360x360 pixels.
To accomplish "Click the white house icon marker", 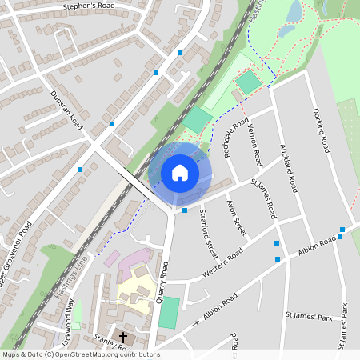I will tap(180, 173).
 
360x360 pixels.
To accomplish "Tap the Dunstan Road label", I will tap(66, 110).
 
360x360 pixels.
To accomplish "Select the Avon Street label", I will tap(237, 218).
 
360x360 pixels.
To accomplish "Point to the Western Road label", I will tap(224, 266).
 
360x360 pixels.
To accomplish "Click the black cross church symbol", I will tap(123, 338).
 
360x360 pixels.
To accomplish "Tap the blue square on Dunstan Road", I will tap(112, 124).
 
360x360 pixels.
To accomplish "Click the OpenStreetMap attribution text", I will tap(81, 354).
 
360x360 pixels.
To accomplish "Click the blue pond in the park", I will tap(294, 10).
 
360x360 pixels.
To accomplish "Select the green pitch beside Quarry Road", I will tap(168, 312).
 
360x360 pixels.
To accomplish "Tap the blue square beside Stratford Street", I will tap(185, 210).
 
